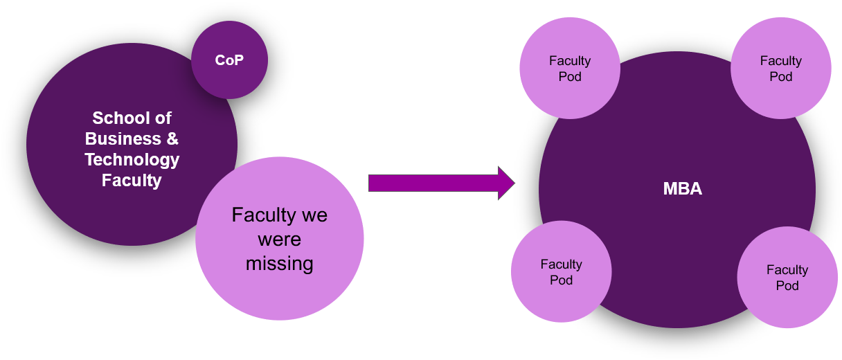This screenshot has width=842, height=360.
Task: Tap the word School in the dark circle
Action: click(x=113, y=118)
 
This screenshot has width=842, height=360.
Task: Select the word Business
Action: click(x=118, y=138)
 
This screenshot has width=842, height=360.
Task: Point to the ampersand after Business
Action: click(x=172, y=138)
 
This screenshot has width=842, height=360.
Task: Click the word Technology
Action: click(x=132, y=160)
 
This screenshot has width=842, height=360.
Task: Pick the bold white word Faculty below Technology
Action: click(x=132, y=181)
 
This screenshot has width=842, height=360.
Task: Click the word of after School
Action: click(x=162, y=118)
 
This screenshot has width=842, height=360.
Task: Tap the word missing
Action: click(x=279, y=264)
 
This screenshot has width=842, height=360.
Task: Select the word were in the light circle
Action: click(x=279, y=240)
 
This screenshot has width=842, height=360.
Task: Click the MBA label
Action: click(x=682, y=188)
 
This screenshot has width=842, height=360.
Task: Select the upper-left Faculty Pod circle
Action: click(x=569, y=68)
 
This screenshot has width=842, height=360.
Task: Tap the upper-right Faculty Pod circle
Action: click(x=780, y=68)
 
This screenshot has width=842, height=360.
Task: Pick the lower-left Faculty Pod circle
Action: click(x=561, y=271)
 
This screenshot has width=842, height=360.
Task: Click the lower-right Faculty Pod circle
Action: click(x=787, y=277)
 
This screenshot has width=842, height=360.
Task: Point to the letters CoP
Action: click(x=229, y=60)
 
